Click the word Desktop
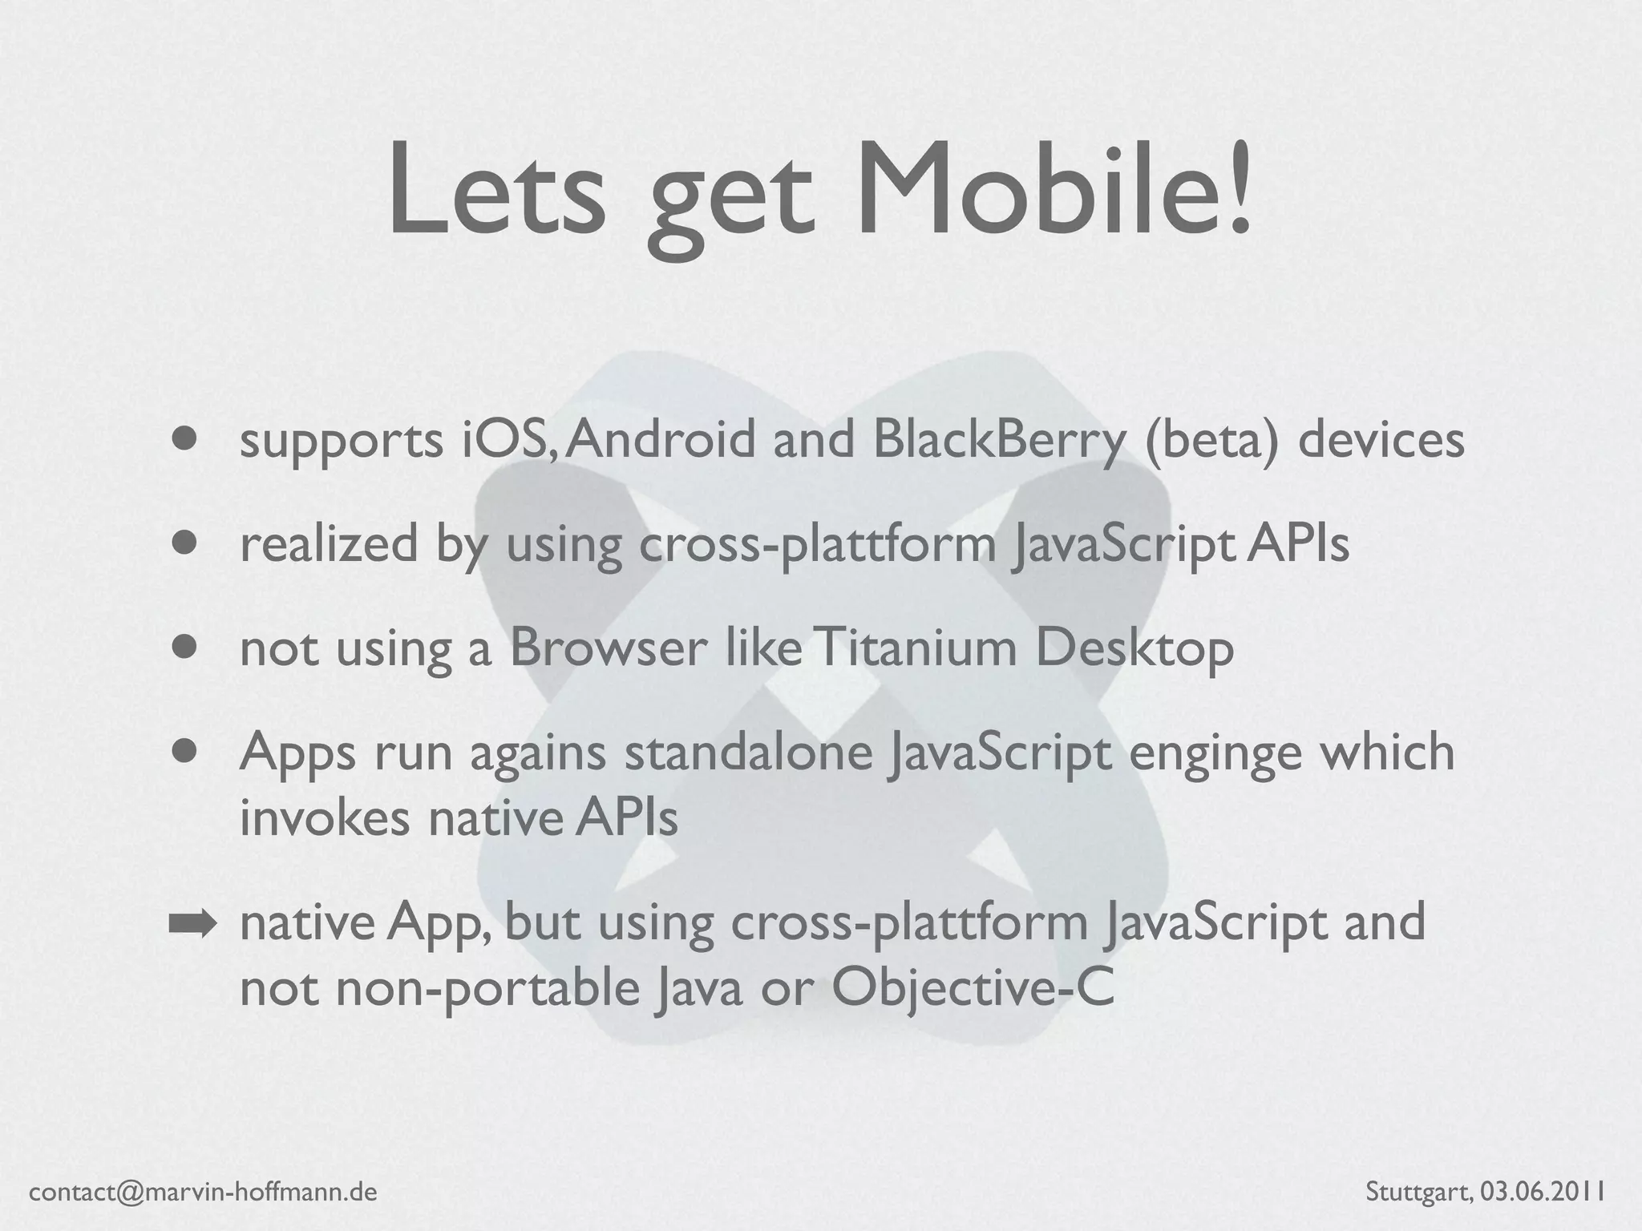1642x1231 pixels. click(x=1134, y=649)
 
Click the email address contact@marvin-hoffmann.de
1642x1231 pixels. click(x=203, y=1193)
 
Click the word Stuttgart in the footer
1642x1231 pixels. click(x=1418, y=1193)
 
